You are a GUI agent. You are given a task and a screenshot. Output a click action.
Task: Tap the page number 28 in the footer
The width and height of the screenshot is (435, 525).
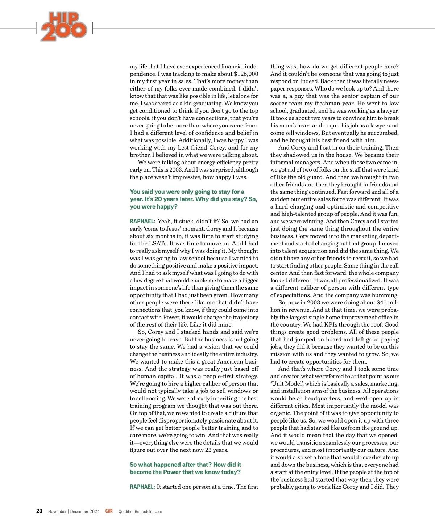[x=39, y=511]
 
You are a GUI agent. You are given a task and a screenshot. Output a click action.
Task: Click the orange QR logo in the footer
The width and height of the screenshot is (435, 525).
[x=109, y=511]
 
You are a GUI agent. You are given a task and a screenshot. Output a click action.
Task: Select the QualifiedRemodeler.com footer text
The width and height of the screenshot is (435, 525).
[x=140, y=512]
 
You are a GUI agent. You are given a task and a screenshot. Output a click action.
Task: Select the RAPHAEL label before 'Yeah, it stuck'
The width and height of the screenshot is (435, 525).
[x=142, y=222]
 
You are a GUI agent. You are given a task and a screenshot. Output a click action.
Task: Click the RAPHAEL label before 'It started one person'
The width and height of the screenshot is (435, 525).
[x=142, y=487]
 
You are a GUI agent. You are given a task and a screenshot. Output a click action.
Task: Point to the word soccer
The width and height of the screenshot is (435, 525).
[x=280, y=103]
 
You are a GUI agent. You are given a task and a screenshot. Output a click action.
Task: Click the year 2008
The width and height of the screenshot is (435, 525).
[x=313, y=303]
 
